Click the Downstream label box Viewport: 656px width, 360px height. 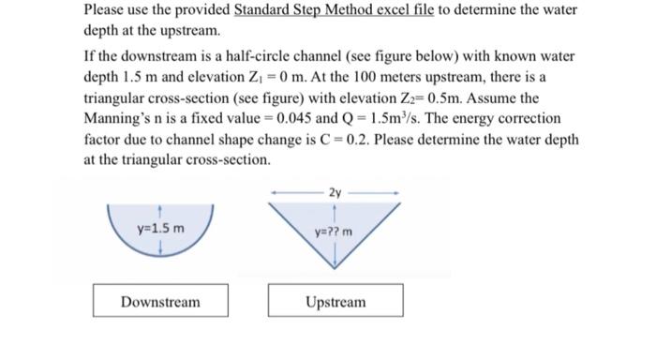(x=159, y=302)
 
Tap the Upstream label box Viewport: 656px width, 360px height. (x=335, y=302)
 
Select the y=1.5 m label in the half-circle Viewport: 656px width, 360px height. (x=160, y=228)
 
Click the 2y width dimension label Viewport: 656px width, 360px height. (x=335, y=191)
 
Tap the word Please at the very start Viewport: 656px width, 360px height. (x=106, y=10)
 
